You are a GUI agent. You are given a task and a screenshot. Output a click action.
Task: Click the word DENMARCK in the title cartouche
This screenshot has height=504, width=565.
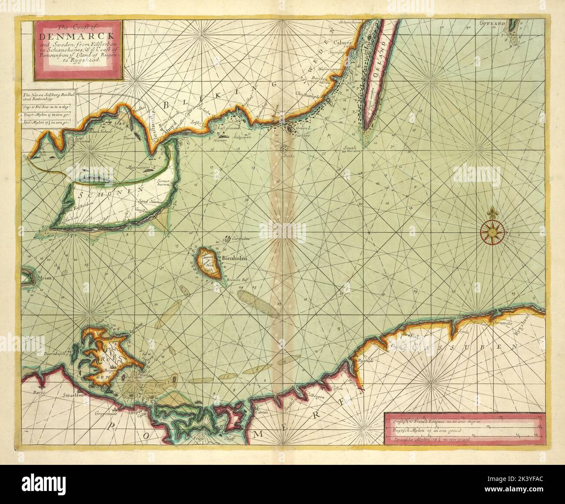(78, 35)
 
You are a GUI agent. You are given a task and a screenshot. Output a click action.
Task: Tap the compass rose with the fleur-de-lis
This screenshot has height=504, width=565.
(492, 231)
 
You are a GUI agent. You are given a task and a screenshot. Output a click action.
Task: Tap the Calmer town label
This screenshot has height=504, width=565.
(342, 43)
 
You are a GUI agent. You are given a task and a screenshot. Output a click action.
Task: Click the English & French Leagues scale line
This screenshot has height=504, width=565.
(463, 422)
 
